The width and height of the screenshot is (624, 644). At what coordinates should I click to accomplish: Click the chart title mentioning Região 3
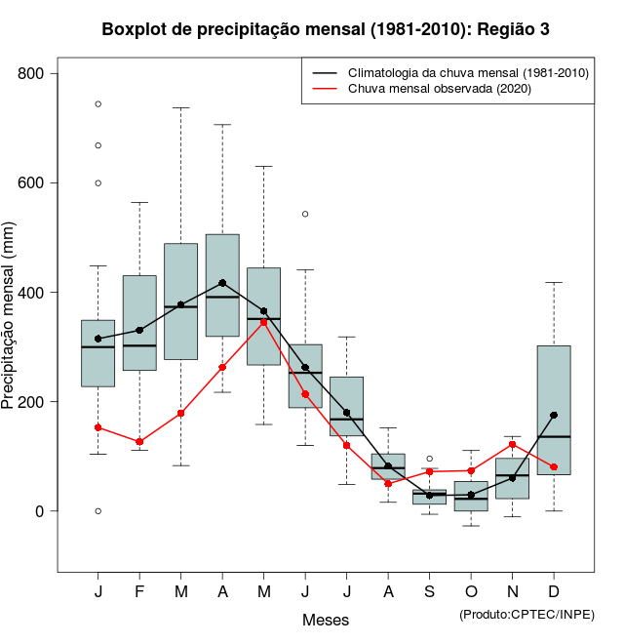click(326, 29)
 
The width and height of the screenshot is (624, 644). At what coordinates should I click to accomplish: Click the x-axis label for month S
click(429, 591)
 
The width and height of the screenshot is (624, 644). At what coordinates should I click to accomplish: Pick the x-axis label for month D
click(554, 591)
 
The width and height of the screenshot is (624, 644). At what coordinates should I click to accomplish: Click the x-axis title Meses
click(326, 620)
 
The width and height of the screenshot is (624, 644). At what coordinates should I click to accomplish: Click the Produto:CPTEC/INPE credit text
click(526, 614)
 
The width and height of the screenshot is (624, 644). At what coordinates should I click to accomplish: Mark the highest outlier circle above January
click(98, 103)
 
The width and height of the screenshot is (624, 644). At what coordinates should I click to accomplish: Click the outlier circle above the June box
click(305, 214)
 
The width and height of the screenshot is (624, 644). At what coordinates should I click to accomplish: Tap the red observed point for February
click(139, 442)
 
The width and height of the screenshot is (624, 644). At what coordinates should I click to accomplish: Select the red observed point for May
click(264, 322)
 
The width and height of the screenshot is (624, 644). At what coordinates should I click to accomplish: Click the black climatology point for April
click(222, 283)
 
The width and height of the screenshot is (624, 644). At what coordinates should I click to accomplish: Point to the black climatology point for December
click(554, 415)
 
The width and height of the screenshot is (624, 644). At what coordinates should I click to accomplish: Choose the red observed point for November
click(512, 445)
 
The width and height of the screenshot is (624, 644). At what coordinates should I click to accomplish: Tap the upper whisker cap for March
click(181, 108)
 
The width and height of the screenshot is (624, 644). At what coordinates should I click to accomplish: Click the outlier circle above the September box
click(429, 459)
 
